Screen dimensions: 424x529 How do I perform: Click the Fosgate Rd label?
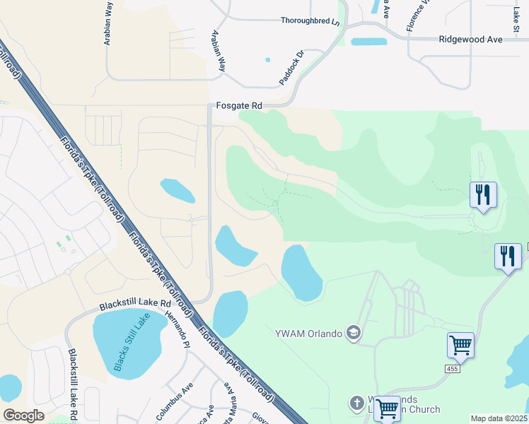[239, 105]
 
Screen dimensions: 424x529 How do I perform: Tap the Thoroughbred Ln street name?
[310, 21]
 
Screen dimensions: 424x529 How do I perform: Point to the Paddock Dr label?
[291, 67]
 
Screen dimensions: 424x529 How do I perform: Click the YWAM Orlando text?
[308, 333]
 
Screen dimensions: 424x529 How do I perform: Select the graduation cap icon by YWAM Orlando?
[354, 333]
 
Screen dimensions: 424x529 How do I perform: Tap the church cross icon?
[356, 404]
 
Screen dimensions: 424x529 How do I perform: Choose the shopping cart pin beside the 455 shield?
[460, 346]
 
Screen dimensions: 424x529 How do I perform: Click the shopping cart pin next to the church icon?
[386, 408]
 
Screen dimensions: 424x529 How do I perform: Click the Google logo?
[24, 416]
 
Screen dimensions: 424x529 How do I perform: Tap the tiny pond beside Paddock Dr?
[267, 59]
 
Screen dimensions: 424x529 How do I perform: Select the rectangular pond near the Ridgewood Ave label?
[369, 42]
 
